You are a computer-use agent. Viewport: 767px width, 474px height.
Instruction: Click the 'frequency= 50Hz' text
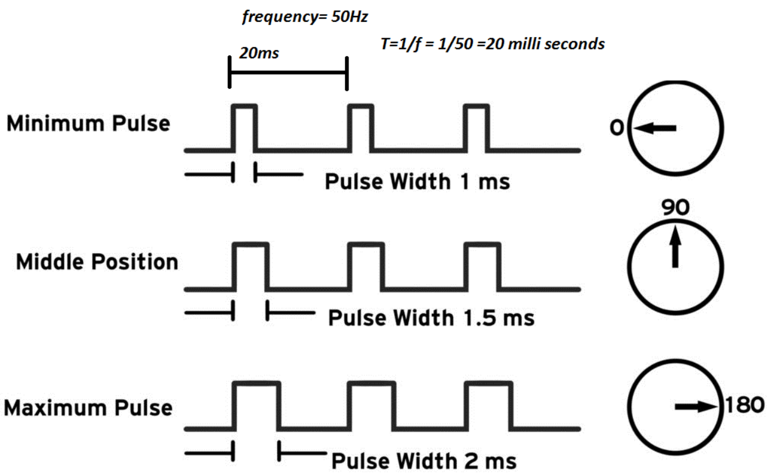click(305, 16)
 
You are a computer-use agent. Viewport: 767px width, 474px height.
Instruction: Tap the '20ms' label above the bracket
click(259, 53)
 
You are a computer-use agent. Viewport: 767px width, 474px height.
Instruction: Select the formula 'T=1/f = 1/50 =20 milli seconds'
click(491, 43)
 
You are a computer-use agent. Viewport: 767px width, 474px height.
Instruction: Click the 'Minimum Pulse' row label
click(88, 124)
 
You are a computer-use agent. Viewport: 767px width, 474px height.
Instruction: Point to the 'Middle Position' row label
click(97, 262)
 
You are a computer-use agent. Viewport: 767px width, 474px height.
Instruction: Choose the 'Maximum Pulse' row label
click(88, 407)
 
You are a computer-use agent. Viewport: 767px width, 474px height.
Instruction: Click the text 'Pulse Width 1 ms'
click(417, 181)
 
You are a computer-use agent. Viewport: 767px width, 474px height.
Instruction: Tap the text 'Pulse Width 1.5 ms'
click(431, 318)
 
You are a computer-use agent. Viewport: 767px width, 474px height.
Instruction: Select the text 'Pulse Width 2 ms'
click(424, 459)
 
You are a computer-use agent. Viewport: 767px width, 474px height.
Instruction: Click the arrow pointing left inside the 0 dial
click(656, 128)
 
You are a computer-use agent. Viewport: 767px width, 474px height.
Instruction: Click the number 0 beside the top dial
click(617, 128)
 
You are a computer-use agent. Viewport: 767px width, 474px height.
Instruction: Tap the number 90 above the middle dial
click(676, 208)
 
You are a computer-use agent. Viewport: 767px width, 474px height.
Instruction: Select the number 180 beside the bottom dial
click(743, 405)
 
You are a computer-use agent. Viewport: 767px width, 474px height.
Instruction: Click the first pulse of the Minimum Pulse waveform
click(245, 128)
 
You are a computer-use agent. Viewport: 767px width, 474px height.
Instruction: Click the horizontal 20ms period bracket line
click(288, 72)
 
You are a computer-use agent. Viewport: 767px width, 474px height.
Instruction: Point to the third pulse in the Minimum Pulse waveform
click(476, 128)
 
